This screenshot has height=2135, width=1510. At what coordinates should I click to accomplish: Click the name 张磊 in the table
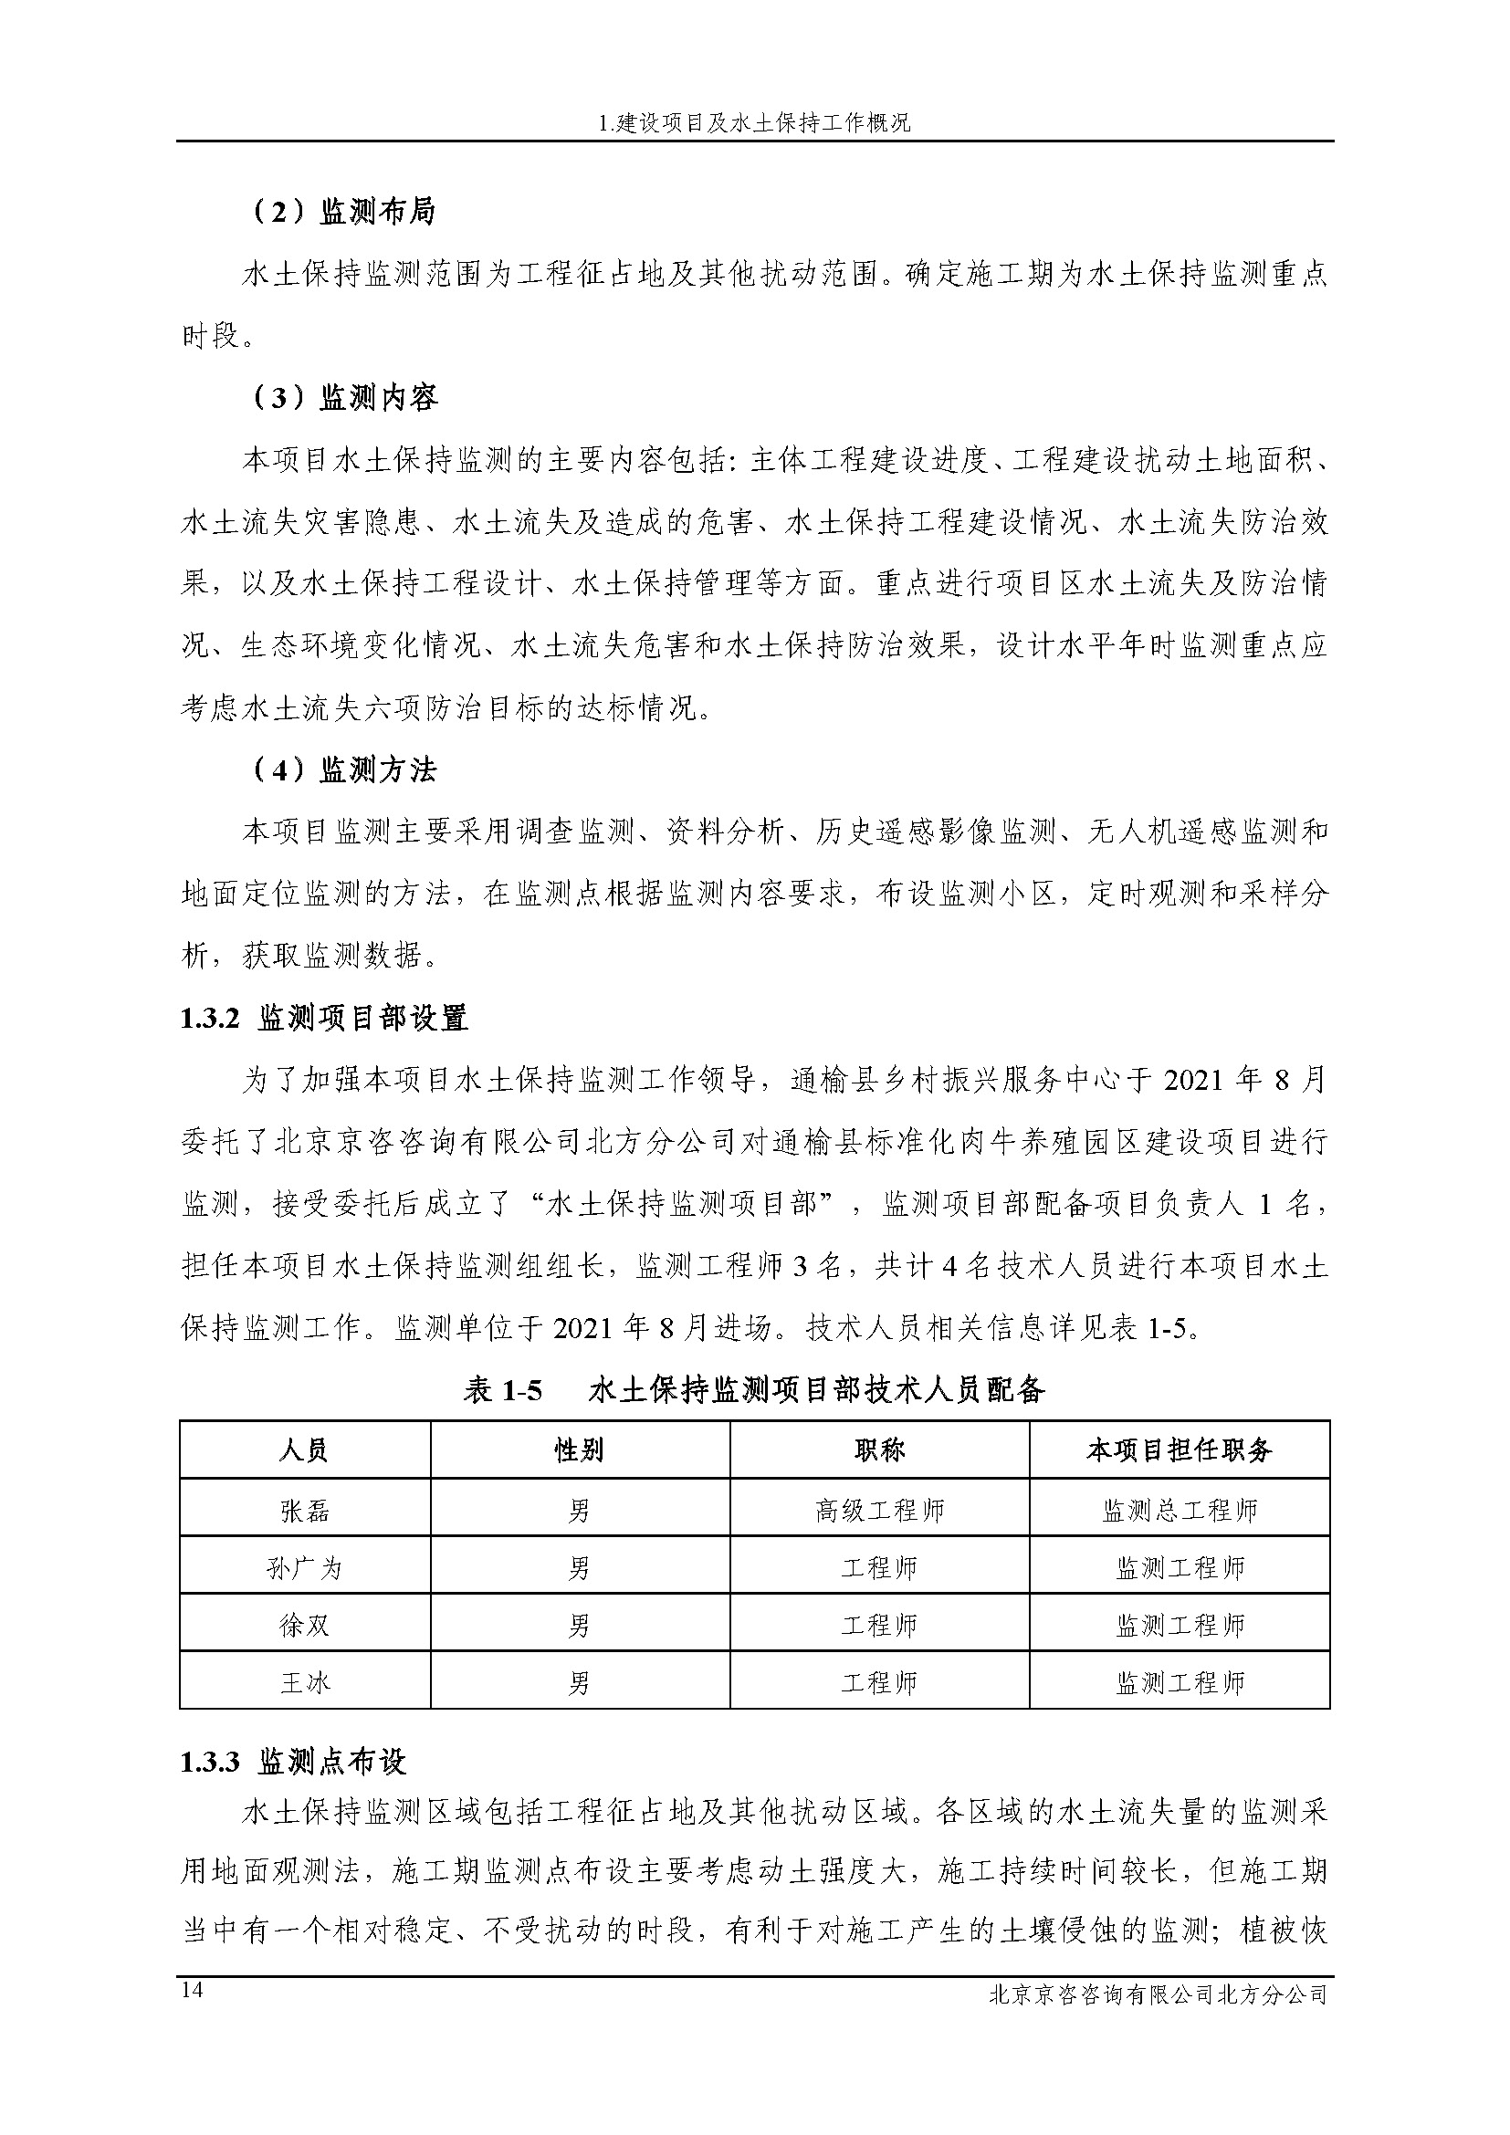tap(305, 1511)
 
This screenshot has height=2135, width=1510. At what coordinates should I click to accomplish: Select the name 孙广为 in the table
tap(305, 1569)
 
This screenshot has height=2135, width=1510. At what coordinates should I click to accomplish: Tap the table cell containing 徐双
tap(305, 1626)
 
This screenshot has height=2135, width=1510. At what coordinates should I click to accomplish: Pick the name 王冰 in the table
tap(305, 1682)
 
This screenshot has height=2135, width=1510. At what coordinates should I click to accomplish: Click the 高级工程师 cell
tap(879, 1511)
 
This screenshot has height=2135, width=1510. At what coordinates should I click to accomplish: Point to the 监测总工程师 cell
tap(1179, 1511)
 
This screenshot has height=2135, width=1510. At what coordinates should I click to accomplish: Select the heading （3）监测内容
tap(344, 398)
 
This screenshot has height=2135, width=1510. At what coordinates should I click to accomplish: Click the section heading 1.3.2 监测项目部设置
tap(323, 1019)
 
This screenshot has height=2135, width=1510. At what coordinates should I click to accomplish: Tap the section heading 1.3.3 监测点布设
tap(293, 1762)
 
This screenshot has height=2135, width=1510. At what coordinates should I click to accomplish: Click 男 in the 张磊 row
tap(580, 1511)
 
